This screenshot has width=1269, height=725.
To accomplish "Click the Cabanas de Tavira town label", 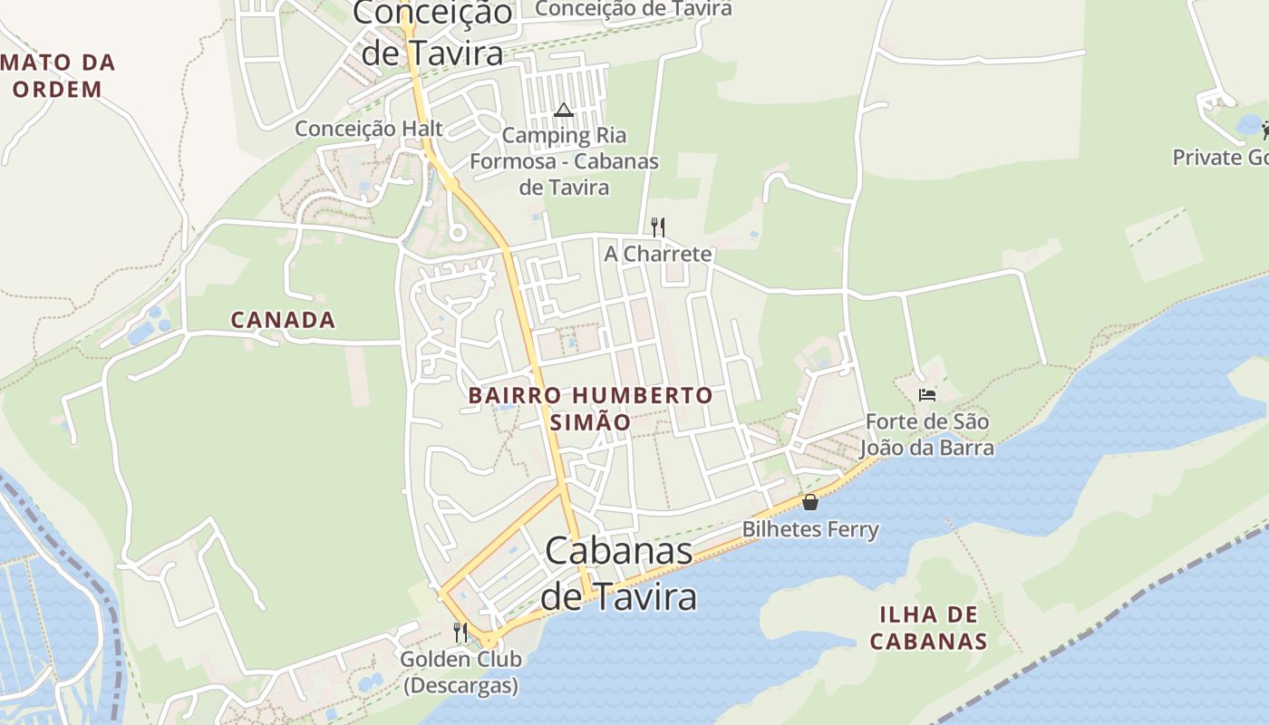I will point(619,575).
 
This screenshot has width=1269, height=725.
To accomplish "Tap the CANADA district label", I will point(283,320).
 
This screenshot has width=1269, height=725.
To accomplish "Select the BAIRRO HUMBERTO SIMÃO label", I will point(590,409).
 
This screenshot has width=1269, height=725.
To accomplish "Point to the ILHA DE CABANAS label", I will point(927,628).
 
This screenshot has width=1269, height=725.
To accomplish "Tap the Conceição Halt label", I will point(369,129).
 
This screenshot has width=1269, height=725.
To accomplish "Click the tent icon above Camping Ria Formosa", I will point(564,111).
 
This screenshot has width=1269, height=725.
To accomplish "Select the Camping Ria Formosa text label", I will point(564,161).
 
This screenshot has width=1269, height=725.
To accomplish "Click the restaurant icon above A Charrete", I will point(658,227).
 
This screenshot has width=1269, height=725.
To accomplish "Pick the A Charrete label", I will point(658,254).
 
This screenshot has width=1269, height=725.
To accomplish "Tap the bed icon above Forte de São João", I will point(926,394).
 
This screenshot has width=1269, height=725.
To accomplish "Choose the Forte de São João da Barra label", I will point(926,435).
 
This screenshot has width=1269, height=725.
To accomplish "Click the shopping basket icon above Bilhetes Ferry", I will point(810,501).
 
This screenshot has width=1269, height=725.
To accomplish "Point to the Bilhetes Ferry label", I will point(810,529).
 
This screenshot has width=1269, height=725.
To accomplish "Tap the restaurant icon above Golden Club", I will point(460,632).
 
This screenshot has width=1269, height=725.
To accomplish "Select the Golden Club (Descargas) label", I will point(460,672).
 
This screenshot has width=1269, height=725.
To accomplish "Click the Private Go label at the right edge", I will point(1220,158).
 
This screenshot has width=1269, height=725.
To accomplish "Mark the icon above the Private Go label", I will point(1265,130).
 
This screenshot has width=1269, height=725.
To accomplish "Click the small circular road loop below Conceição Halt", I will point(457,233).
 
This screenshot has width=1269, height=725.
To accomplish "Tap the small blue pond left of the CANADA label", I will point(143,332).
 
